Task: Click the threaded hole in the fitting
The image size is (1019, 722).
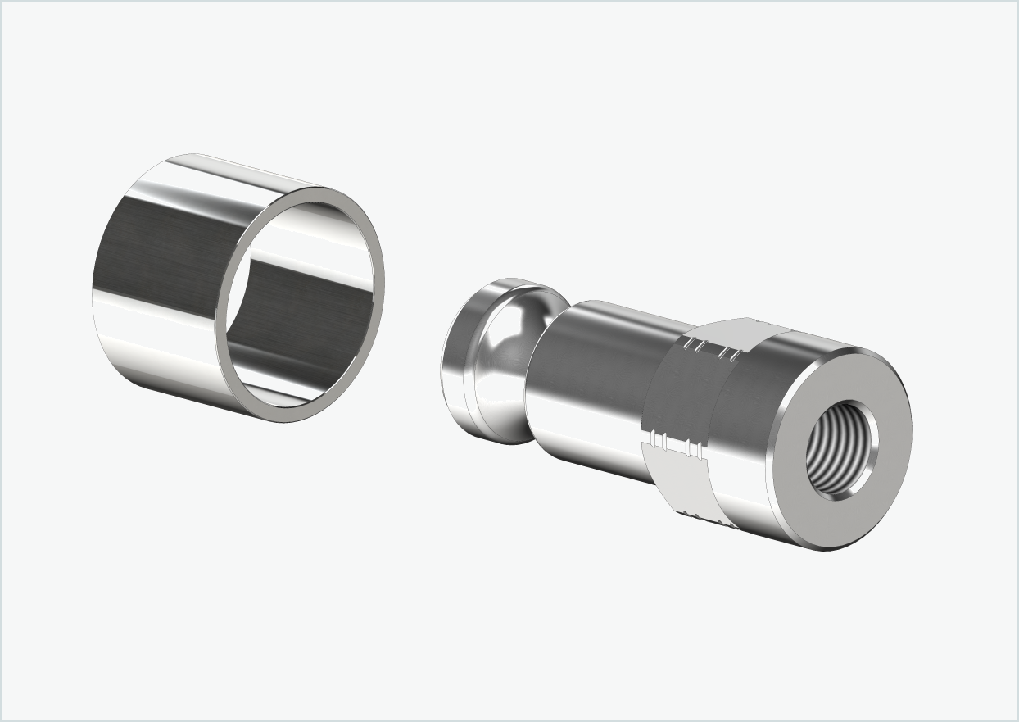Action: [840, 448]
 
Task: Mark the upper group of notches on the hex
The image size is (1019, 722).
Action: [711, 350]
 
